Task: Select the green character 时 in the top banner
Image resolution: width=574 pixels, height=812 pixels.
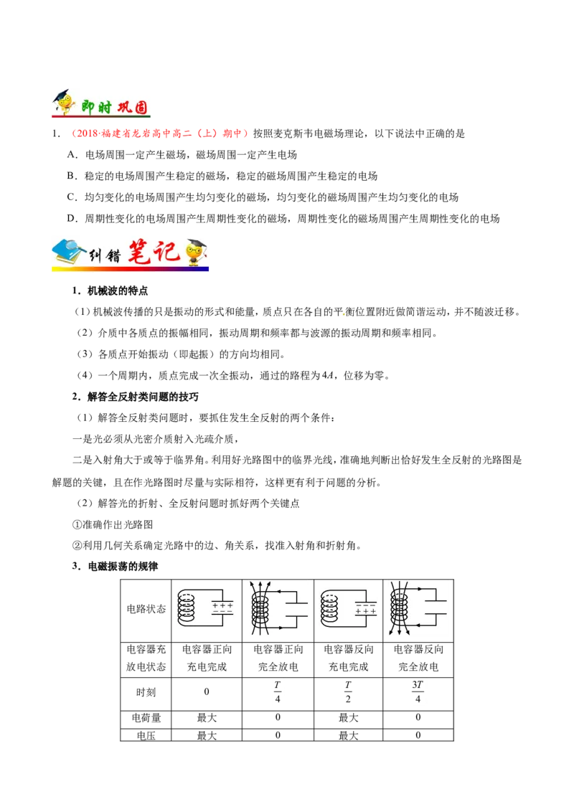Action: click(x=106, y=106)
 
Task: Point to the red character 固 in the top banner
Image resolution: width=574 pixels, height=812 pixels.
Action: click(x=141, y=106)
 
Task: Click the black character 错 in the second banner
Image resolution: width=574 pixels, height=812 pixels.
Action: click(x=113, y=255)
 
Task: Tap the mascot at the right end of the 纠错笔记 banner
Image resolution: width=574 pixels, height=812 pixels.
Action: click(x=195, y=252)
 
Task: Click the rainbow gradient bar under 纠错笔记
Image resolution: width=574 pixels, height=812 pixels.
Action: click(x=129, y=269)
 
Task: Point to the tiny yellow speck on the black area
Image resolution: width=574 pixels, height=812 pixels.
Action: click(x=343, y=313)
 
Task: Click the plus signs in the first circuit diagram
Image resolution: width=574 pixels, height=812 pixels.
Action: click(x=222, y=605)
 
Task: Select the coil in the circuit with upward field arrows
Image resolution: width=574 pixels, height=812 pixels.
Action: click(x=262, y=609)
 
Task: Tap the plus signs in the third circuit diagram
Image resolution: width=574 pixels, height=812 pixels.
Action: click(x=366, y=611)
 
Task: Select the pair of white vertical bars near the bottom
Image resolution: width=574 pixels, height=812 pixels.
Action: click(x=278, y=692)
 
